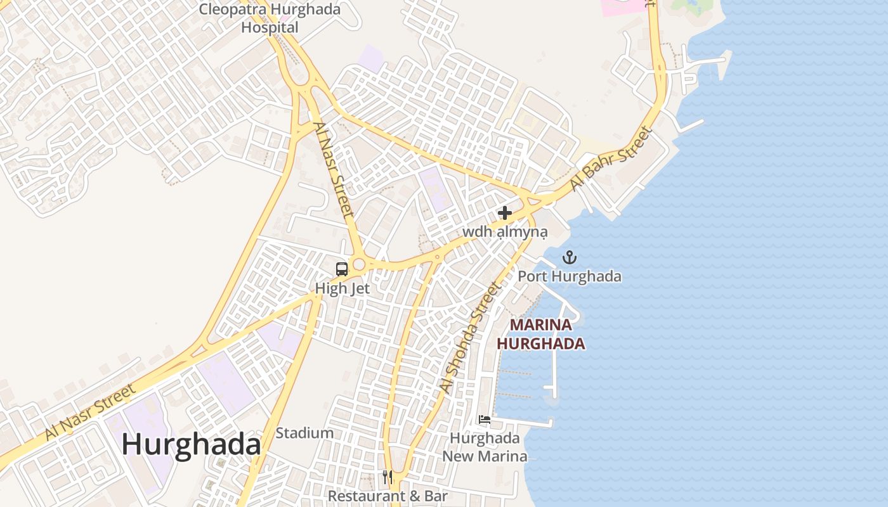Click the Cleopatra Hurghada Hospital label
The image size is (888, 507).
[270, 18]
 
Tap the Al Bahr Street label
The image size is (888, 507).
[610, 159]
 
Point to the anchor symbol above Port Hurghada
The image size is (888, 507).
[570, 257]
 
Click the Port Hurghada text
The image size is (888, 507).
[570, 276]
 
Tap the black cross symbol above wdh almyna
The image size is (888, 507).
[505, 213]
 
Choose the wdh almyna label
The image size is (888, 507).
[505, 232]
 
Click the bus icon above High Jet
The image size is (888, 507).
[342, 269]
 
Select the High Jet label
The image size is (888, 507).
[343, 288]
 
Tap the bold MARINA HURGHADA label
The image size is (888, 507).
[540, 334]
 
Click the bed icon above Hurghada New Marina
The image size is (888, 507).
[485, 420]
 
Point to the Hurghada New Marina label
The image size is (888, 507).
[485, 447]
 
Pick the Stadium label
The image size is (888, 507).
[304, 433]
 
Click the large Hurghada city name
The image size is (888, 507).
[191, 444]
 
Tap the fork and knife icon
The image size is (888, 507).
[387, 477]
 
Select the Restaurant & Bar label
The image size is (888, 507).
[388, 496]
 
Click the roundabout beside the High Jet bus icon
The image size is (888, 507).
[360, 264]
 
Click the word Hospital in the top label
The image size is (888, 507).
[270, 27]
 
